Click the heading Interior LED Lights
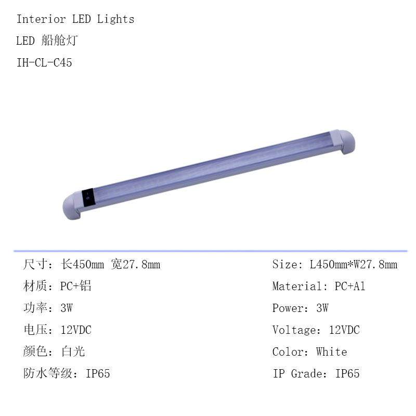click(75, 19)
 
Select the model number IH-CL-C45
click(44, 63)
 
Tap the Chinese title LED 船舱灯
click(47, 41)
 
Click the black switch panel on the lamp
click(88, 196)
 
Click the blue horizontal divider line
click(208, 251)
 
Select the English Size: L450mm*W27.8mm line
click(334, 265)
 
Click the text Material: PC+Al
click(318, 287)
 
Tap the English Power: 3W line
click(300, 308)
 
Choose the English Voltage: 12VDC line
click(316, 330)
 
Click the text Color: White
click(309, 352)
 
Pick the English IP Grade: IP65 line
click(316, 374)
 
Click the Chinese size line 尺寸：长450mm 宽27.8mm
click(92, 265)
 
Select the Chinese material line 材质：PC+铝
click(57, 287)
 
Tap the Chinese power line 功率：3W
click(48, 308)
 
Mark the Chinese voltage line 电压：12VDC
click(57, 330)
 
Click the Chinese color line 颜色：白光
click(54, 352)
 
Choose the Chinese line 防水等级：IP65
click(67, 374)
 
